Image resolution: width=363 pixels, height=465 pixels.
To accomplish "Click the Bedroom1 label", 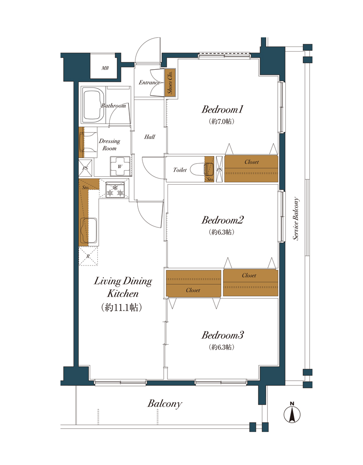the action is pos(222,109).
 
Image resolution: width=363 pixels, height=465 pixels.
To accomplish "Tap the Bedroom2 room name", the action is pos(222,220).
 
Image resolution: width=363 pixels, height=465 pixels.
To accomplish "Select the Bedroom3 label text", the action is pos(222,335).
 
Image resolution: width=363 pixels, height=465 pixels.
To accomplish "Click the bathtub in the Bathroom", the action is pos(93,105).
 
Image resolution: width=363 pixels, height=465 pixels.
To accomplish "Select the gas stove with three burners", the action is pos(115,190).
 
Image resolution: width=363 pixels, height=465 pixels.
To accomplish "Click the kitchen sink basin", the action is pos(88,231).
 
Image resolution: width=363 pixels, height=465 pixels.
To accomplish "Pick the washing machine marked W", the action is pos(120,166).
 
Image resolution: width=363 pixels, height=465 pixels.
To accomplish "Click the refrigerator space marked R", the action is pos(88,256).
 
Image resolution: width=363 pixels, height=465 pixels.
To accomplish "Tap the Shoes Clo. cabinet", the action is pos(170,82).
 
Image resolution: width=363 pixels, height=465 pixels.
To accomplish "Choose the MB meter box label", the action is pos(105,68).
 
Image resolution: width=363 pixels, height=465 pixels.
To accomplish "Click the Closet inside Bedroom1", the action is pos(251,168).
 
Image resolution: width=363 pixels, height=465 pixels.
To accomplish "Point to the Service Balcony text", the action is pos(296,219).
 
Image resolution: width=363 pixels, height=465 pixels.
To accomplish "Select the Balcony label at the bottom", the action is pos(164,404).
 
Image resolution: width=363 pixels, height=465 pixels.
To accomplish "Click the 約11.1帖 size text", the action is pos(121,307).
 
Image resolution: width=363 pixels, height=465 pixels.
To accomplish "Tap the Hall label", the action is pos(149,137).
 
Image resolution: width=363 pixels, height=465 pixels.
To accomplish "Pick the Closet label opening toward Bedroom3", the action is pos(193,290).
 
